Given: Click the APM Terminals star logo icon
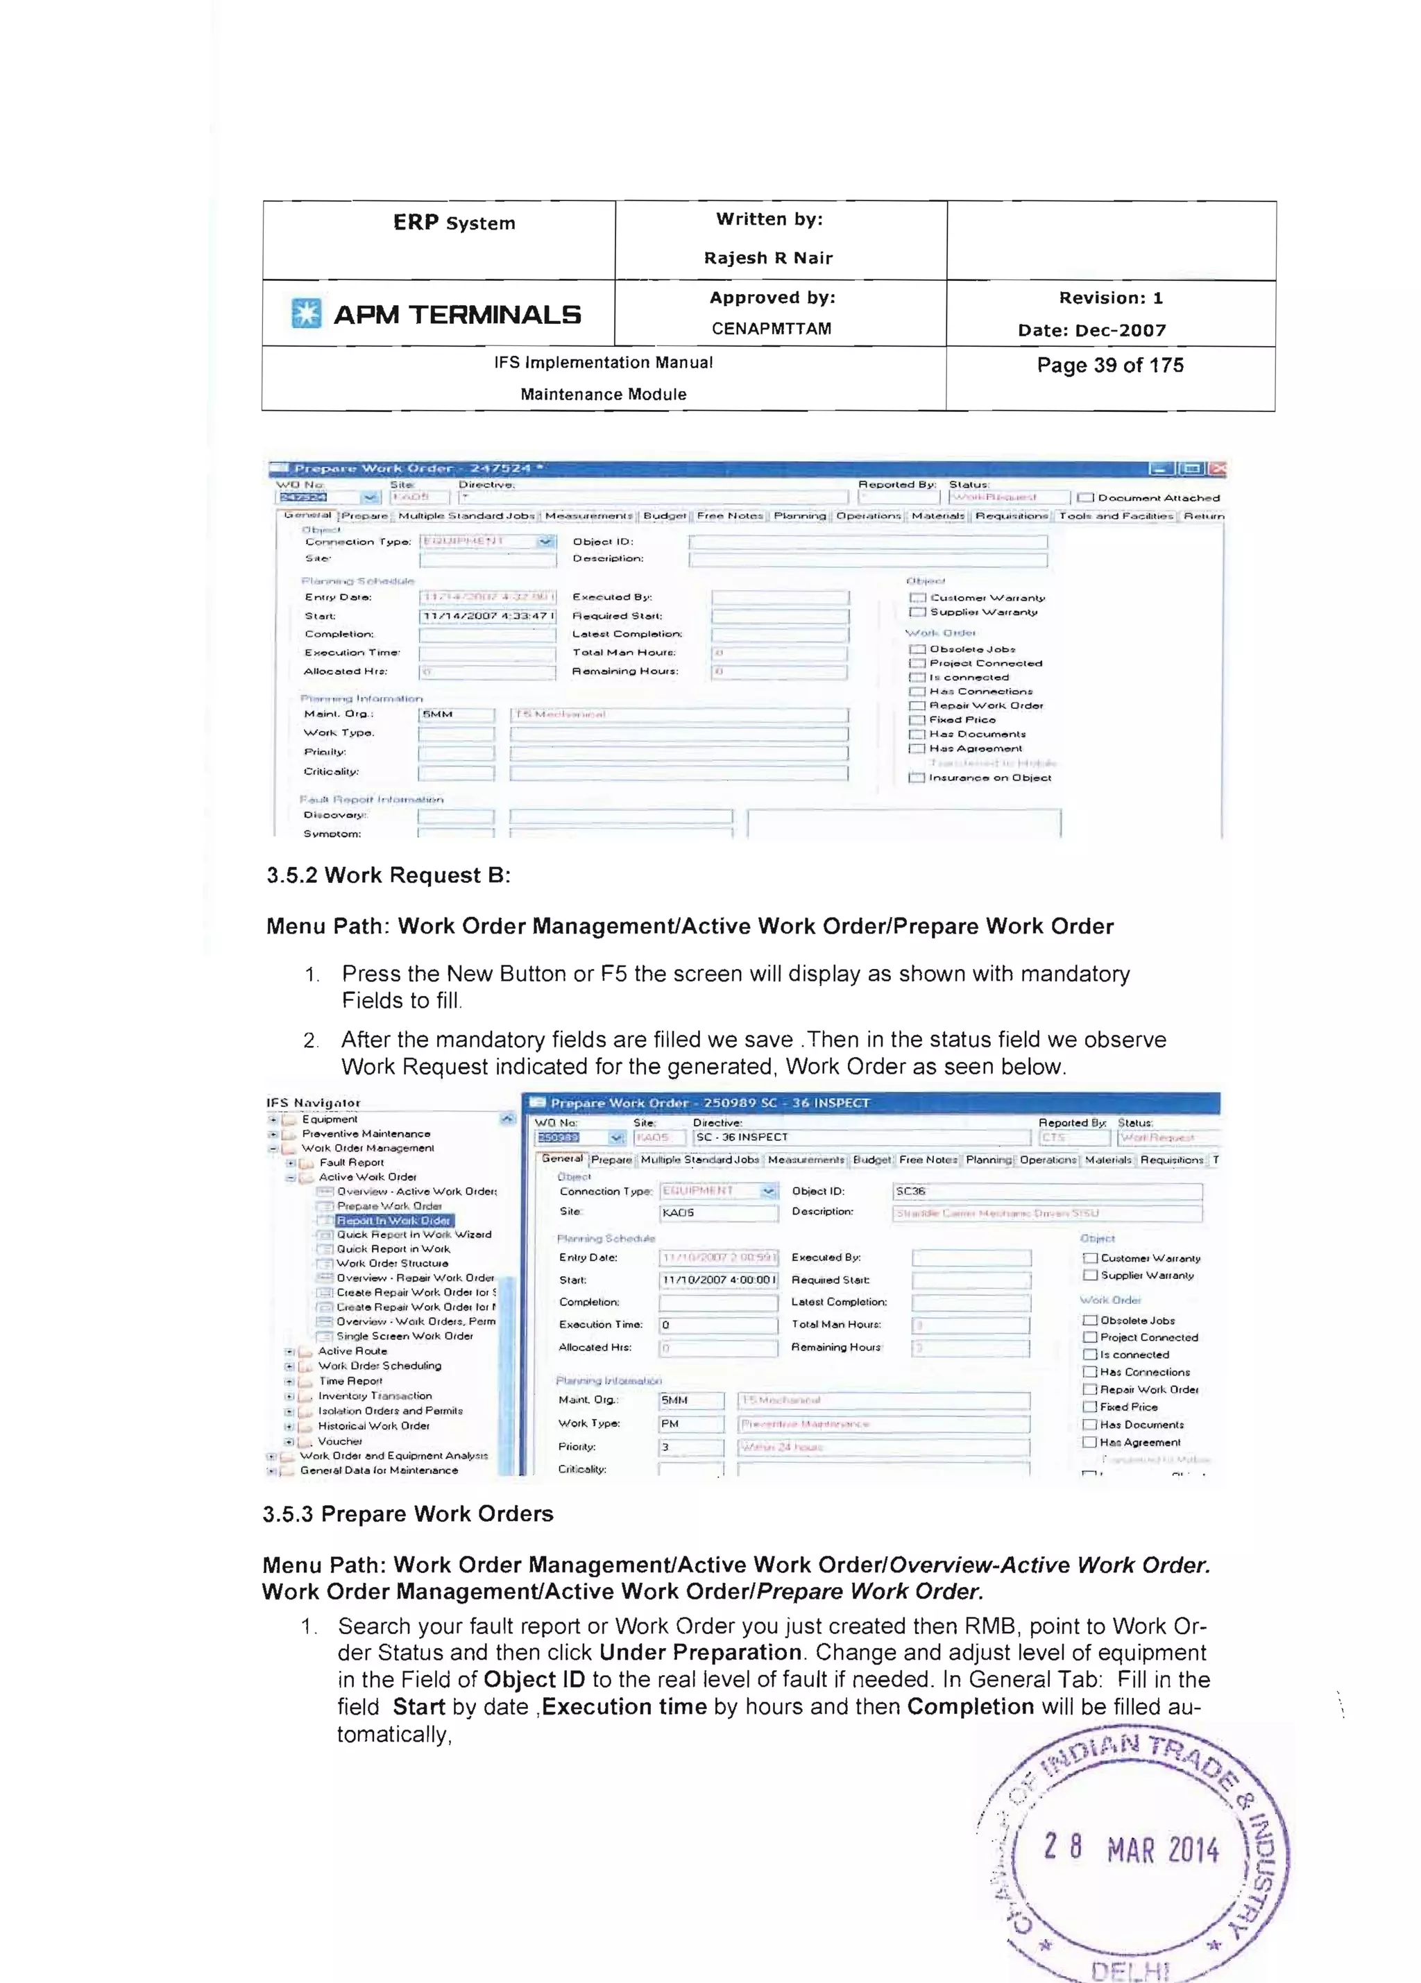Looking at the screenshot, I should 306,313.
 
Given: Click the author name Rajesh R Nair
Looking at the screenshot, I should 768,258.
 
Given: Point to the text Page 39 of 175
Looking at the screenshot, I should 1109,366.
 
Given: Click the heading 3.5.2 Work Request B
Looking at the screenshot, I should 389,875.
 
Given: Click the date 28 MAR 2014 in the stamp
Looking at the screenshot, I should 1131,1849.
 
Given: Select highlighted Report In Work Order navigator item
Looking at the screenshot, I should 393,1221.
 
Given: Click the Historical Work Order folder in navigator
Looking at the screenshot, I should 373,1426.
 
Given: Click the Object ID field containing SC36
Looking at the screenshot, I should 1046,1192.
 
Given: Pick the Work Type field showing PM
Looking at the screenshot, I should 690,1424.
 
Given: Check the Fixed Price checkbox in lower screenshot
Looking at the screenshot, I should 1089,1407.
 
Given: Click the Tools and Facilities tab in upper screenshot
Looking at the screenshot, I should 1115,516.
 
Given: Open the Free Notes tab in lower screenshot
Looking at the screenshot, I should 927,1160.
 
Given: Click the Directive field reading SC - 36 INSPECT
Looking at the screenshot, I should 860,1138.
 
